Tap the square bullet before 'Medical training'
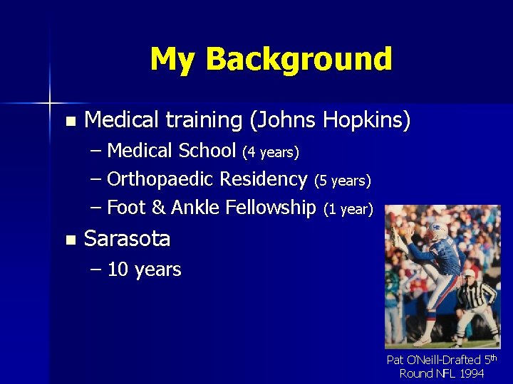point(68,121)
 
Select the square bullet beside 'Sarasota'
point(68,240)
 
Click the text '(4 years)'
point(270,152)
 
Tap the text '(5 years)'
point(342,181)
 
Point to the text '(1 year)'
point(348,209)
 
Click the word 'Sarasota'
point(128,239)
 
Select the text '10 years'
point(145,270)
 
